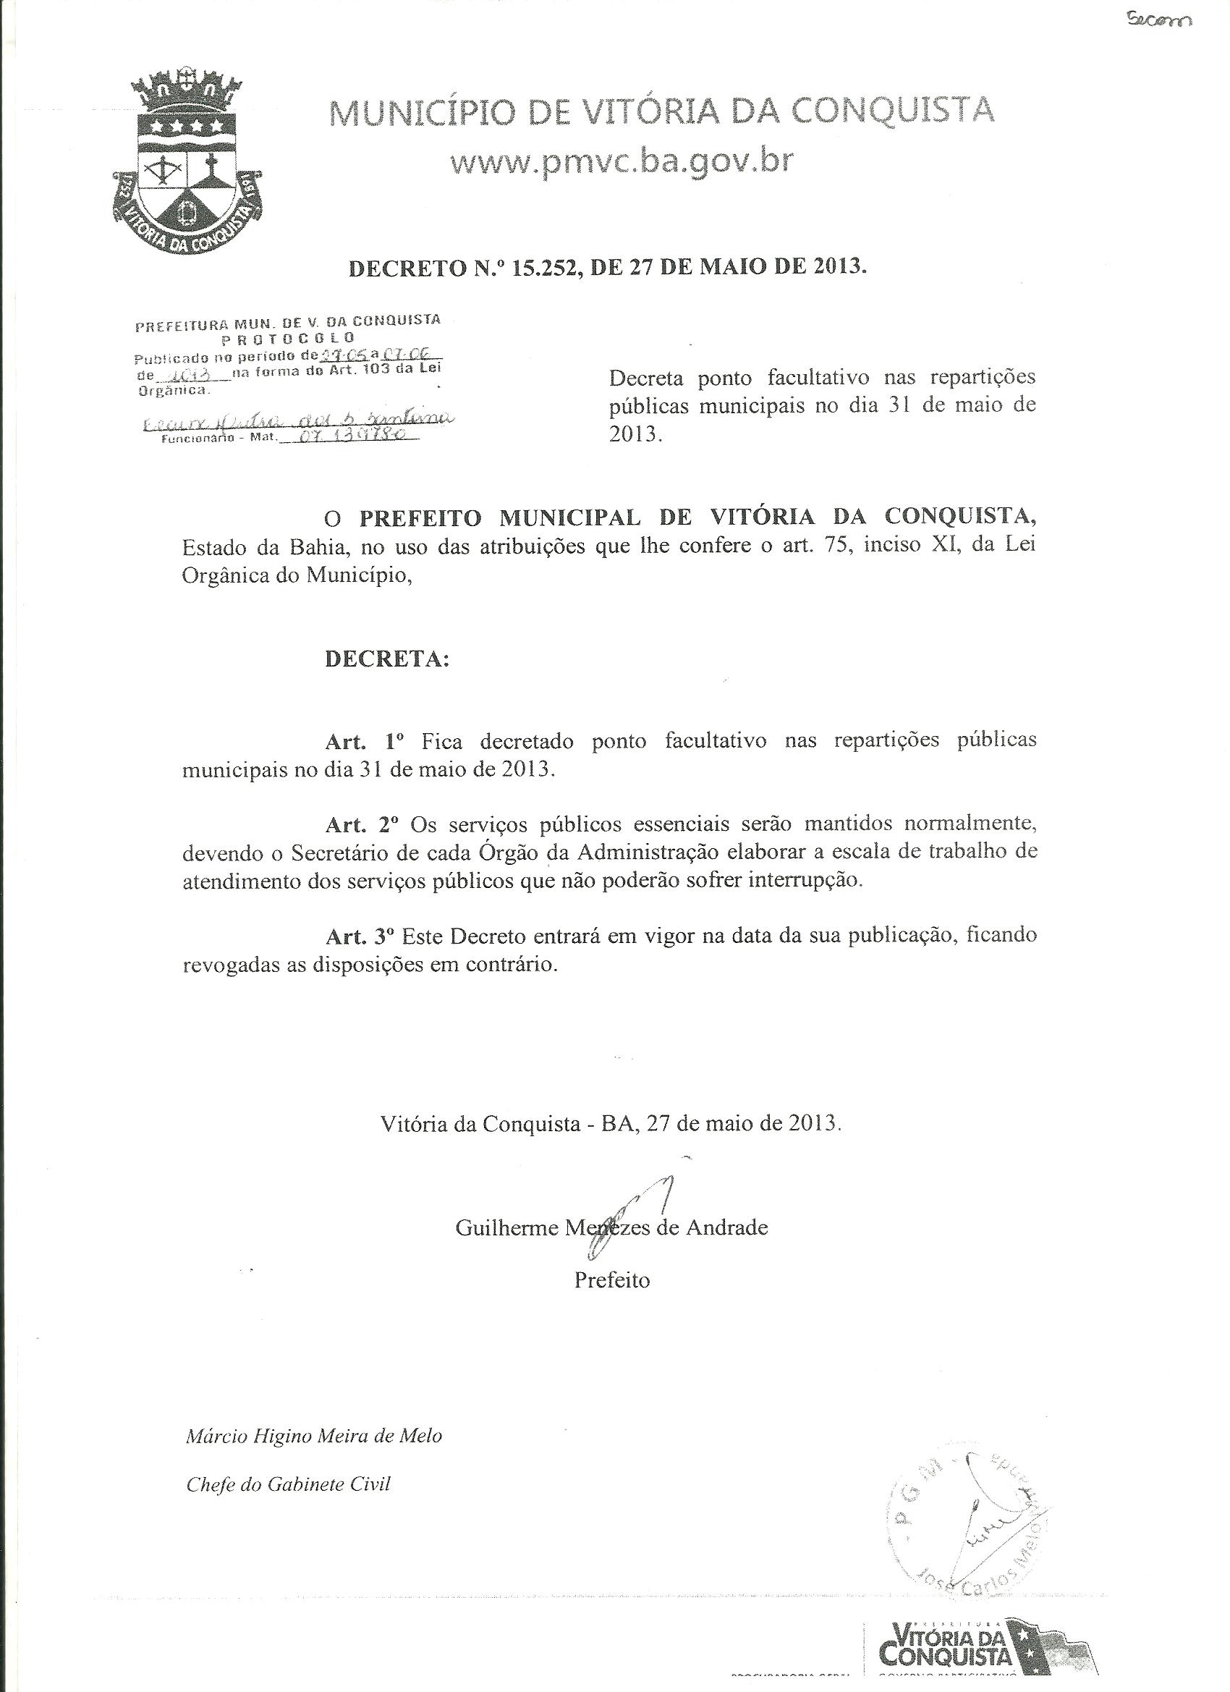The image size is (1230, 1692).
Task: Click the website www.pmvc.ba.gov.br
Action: click(622, 161)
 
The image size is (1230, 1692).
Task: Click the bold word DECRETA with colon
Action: click(387, 659)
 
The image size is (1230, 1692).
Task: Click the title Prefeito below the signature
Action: click(611, 1279)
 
